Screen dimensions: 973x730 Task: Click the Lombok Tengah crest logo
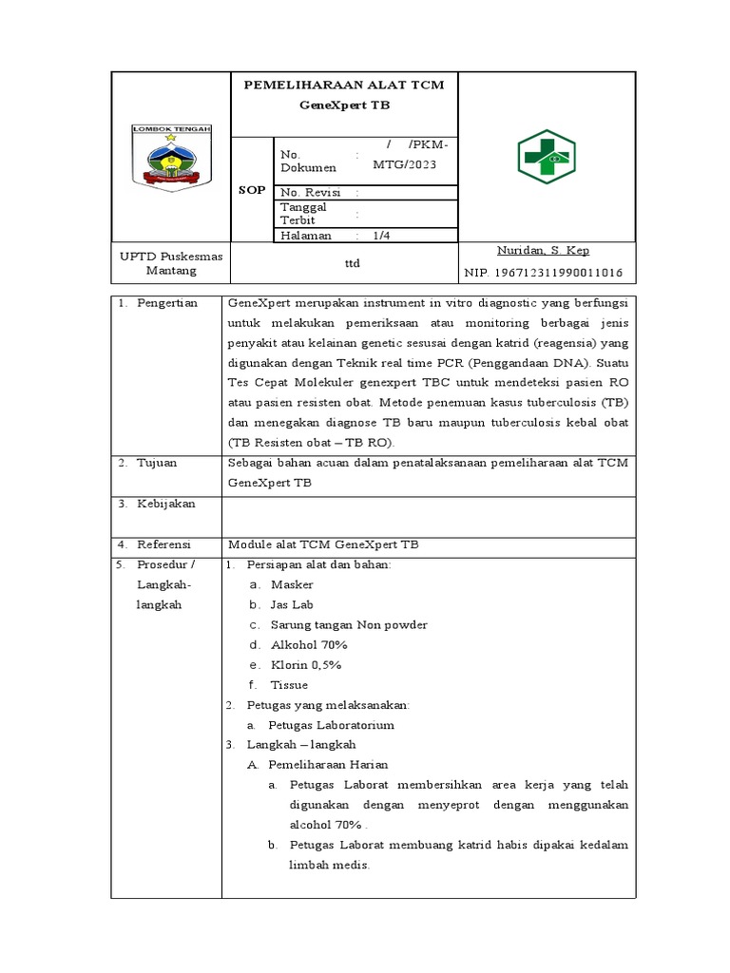171,158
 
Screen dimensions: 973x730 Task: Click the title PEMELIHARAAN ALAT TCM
343,86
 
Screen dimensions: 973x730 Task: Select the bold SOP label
252,190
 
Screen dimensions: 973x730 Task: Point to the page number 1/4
381,235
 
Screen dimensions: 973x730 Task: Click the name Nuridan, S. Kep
542,251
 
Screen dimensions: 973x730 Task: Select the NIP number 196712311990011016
543,273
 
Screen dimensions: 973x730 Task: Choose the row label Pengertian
167,303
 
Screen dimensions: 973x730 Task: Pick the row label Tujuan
158,463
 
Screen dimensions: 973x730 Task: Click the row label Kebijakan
166,504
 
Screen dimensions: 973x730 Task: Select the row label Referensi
164,544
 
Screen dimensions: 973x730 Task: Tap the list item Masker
291,584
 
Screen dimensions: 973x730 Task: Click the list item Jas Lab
292,604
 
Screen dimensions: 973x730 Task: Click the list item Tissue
289,684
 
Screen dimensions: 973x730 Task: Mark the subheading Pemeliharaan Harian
328,764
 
